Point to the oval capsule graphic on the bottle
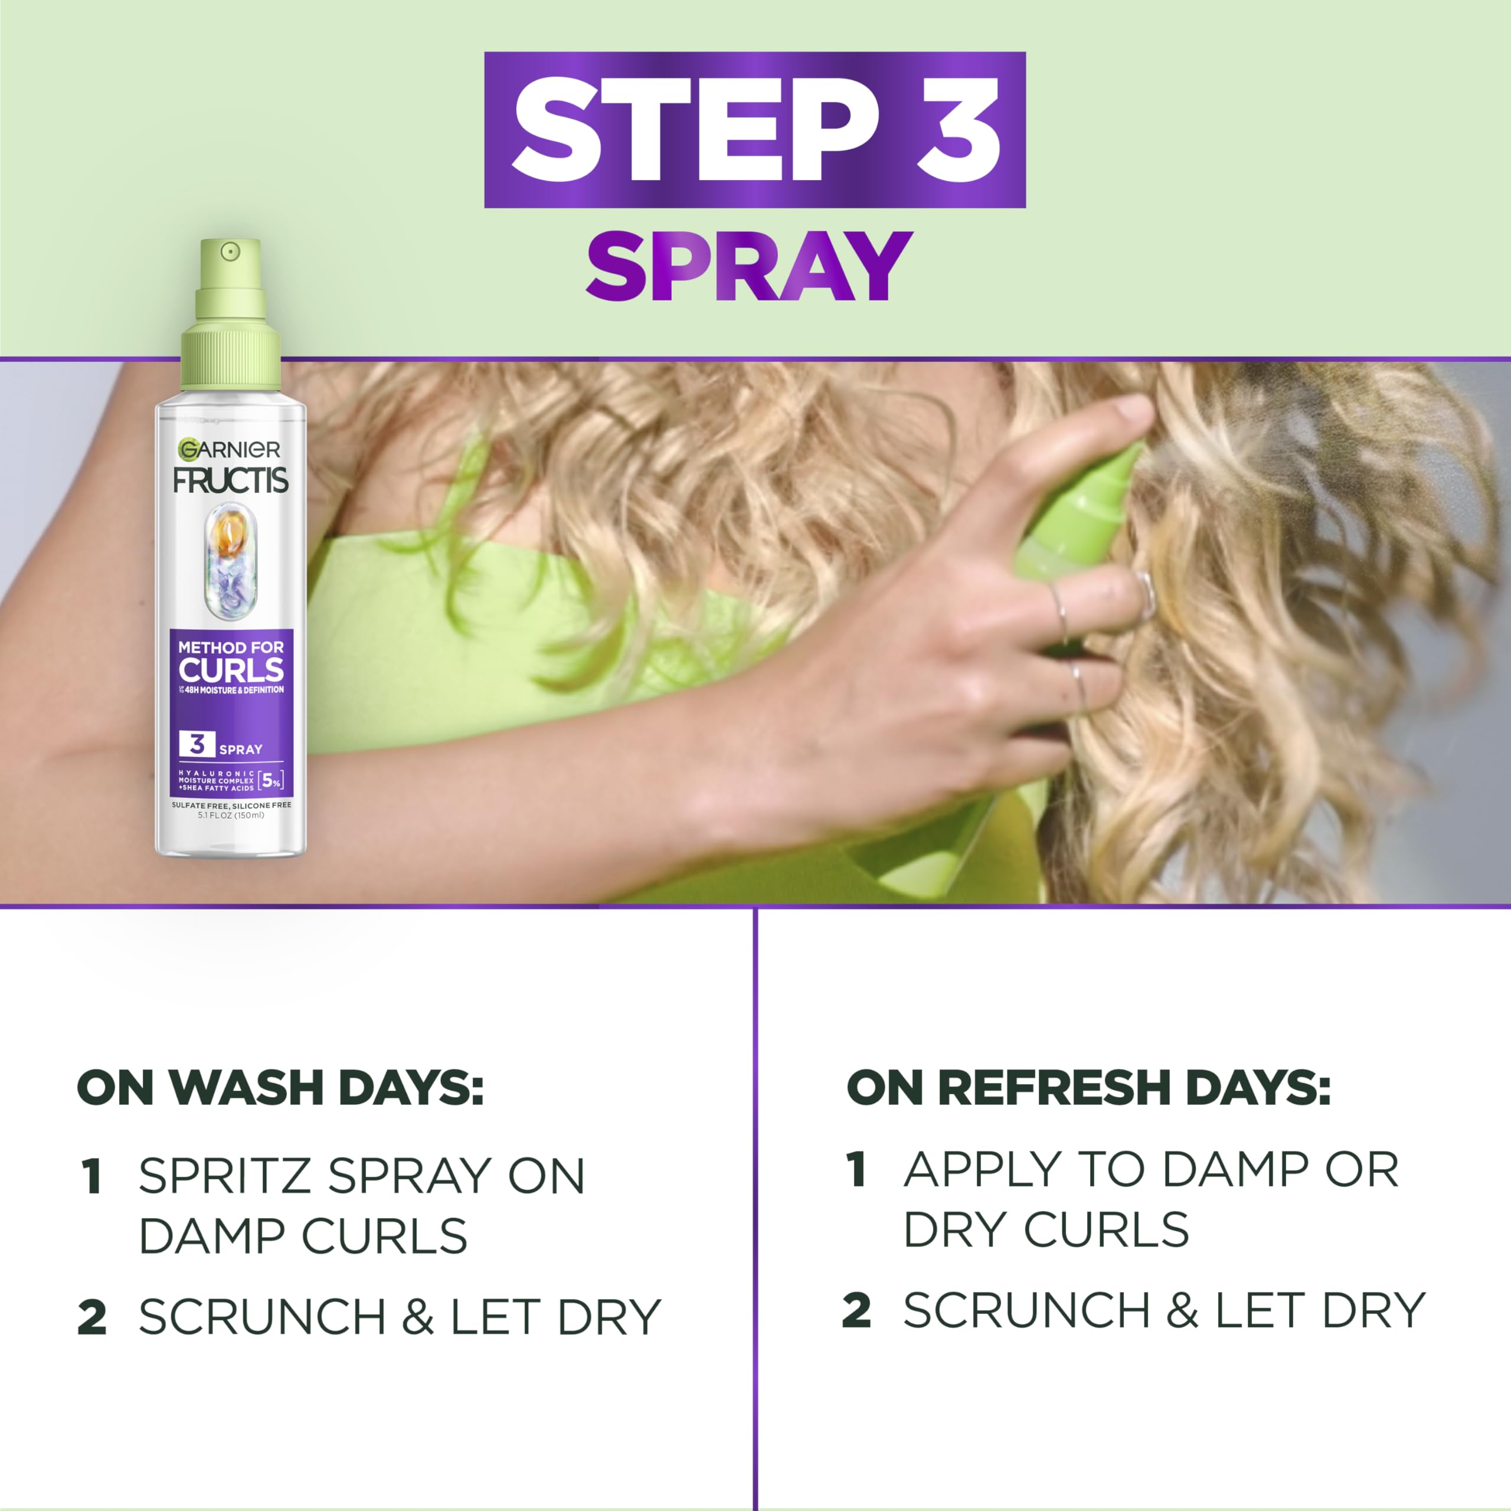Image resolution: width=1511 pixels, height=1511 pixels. (x=230, y=558)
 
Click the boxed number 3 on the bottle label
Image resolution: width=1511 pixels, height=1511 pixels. (x=197, y=744)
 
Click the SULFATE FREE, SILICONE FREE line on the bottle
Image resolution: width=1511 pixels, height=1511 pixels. (x=231, y=804)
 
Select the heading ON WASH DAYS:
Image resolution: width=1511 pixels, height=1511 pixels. (x=280, y=1088)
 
